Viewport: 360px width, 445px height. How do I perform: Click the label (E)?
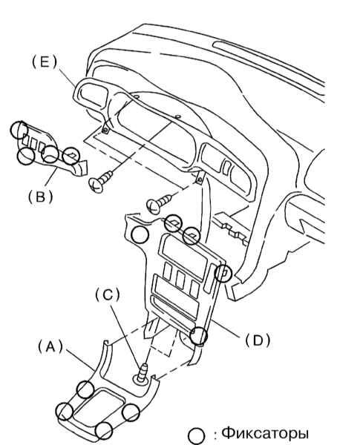pos(45,62)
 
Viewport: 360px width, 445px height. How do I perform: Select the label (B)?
pos(41,197)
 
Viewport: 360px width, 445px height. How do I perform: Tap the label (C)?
pos(108,295)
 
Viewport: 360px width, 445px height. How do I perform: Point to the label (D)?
pos(258,340)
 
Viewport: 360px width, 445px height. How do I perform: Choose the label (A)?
pos(50,347)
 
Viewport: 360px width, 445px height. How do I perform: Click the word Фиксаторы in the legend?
pos(265,433)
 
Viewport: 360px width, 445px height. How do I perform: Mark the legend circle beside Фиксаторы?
pos(197,436)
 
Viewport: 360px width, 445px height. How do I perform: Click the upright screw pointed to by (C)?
pos(141,374)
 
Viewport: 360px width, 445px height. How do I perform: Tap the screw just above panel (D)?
pos(159,203)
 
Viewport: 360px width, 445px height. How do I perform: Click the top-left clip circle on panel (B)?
pos(19,130)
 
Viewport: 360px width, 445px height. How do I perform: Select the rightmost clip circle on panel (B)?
pos(71,156)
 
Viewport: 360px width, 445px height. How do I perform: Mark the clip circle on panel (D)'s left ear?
pos(140,234)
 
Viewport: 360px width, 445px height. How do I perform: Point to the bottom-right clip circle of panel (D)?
pos(199,335)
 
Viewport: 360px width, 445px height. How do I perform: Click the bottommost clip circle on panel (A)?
pos(104,430)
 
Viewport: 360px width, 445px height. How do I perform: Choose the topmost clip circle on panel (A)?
pos(85,389)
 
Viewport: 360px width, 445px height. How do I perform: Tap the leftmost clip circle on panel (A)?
pos(64,411)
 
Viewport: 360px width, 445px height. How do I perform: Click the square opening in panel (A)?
pos(98,408)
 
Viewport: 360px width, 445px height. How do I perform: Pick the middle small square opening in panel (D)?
pos(180,280)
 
